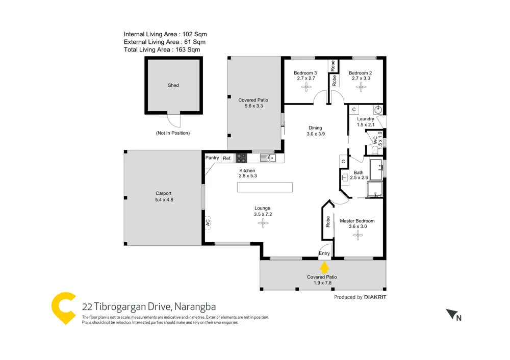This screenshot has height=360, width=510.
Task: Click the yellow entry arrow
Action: [323, 267]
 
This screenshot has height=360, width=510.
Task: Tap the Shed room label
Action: [173, 86]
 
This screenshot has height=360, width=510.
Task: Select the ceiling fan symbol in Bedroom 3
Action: [306, 88]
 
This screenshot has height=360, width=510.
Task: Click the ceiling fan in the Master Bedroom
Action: [358, 235]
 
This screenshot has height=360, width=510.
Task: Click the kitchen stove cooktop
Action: [241, 158]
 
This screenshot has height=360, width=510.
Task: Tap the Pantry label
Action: [212, 158]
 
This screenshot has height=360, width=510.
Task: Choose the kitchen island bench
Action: [265, 187]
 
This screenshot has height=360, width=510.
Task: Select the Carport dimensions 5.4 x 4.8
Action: [164, 200]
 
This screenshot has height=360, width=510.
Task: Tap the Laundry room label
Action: [366, 119]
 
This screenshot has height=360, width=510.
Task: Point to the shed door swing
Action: [175, 121]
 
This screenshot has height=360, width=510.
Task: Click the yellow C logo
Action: [64, 307]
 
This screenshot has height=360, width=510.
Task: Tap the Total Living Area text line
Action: [162, 50]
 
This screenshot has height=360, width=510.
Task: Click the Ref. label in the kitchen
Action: [227, 158]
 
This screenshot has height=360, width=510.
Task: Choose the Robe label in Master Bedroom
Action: [327, 221]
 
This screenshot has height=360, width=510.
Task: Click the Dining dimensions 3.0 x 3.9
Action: [316, 134]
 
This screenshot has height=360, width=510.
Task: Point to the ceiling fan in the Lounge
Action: [263, 222]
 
